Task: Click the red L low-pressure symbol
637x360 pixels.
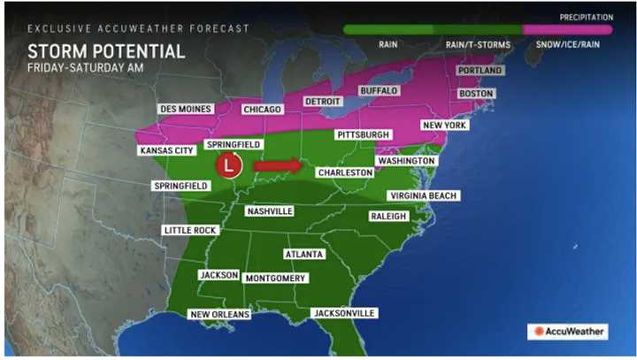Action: (230, 165)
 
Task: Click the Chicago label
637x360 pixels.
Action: (262, 110)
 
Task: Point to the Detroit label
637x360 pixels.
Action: (322, 101)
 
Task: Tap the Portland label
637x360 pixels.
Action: (480, 70)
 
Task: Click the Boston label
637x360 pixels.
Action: (476, 93)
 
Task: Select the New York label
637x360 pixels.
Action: (444, 126)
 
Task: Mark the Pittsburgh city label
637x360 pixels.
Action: (363, 134)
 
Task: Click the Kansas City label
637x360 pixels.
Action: (166, 150)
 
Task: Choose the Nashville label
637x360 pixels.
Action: (270, 211)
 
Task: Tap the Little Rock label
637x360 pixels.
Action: (189, 230)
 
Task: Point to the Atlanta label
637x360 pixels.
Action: (303, 254)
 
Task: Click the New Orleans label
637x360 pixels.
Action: (220, 314)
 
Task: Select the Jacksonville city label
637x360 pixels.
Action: (345, 313)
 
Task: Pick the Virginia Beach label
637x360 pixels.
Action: (425, 195)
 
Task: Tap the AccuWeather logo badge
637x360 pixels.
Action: (569, 332)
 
